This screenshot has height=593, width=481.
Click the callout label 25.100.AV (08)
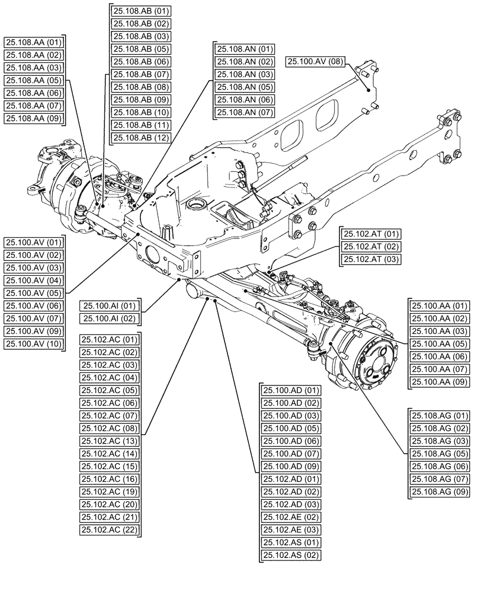tap(314, 61)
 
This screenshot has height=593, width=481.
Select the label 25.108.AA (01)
tap(33, 42)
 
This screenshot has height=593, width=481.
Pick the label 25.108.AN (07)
tap(245, 112)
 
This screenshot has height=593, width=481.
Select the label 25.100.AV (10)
tap(33, 344)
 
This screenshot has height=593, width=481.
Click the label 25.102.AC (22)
tap(109, 530)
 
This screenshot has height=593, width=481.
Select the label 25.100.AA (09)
tap(439, 382)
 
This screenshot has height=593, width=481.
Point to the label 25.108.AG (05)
tap(439, 454)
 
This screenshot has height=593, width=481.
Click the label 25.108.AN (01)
tap(245, 49)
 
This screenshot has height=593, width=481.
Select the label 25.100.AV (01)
tap(33, 243)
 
